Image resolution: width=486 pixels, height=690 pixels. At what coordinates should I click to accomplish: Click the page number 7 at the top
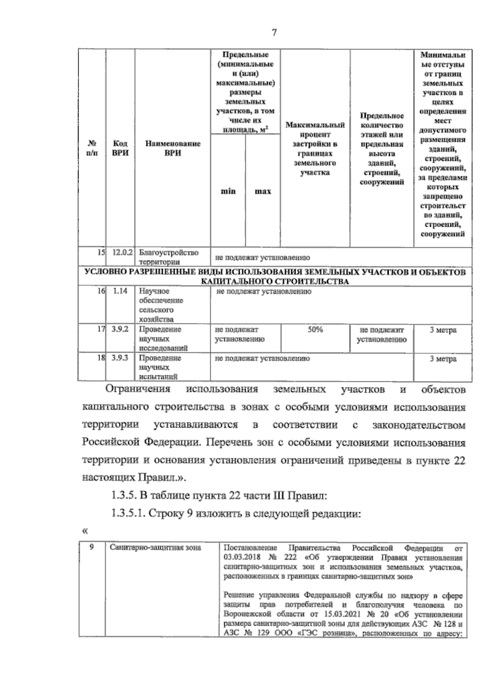click(274, 33)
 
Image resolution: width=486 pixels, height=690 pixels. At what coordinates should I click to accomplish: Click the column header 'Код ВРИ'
click(120, 148)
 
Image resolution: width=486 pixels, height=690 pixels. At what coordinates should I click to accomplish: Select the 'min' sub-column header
click(228, 191)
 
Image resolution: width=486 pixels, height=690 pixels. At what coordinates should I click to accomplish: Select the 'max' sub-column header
click(262, 191)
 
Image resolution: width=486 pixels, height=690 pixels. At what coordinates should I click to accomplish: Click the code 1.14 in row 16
click(120, 291)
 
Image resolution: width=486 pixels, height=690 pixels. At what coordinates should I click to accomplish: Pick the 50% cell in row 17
click(315, 330)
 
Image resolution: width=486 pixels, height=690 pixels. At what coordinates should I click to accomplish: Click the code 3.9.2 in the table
click(120, 330)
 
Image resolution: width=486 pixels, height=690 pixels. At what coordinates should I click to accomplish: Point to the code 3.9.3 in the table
click(120, 358)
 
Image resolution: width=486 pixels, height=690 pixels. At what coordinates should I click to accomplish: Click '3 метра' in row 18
click(443, 359)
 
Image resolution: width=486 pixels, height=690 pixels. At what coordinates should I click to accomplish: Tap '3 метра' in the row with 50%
click(443, 330)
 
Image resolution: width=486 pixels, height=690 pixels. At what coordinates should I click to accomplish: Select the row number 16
click(101, 291)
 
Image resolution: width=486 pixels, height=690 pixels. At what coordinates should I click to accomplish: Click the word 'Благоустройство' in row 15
click(168, 253)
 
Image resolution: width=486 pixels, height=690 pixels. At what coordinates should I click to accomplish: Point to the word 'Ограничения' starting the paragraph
click(138, 390)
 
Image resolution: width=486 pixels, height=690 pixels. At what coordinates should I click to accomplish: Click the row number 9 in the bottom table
click(92, 547)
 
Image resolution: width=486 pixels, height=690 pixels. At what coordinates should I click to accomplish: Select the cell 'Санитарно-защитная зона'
click(156, 548)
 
